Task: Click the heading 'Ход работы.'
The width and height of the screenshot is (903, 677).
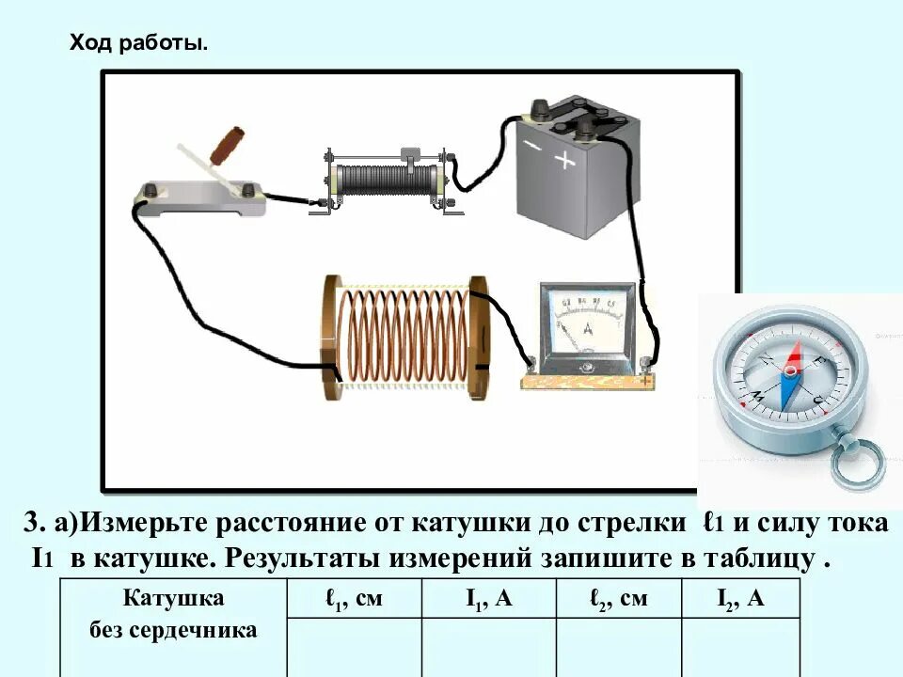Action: [139, 44]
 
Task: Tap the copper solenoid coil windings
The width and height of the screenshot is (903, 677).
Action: [404, 334]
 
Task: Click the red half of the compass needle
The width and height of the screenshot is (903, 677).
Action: [796, 360]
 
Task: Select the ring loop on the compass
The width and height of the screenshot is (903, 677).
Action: [858, 461]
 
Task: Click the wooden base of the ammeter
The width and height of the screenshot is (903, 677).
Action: [588, 381]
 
